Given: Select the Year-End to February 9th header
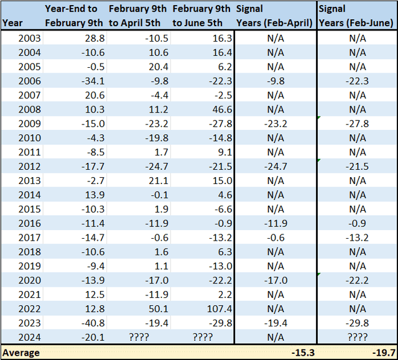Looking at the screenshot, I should coord(72,16).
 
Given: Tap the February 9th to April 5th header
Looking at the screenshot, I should coord(137,16).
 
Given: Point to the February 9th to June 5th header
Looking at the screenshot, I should coord(201,16).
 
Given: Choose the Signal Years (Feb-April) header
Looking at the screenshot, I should coord(274,16).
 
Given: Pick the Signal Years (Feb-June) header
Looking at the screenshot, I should coord(356,16).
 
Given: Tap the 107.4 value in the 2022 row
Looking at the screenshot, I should coord(218,308).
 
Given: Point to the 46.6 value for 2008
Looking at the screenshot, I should coord(220,109).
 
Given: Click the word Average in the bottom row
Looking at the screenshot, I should coord(21,353).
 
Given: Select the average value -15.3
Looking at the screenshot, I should coord(300,353).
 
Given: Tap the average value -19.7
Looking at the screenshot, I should coord(380,353).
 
